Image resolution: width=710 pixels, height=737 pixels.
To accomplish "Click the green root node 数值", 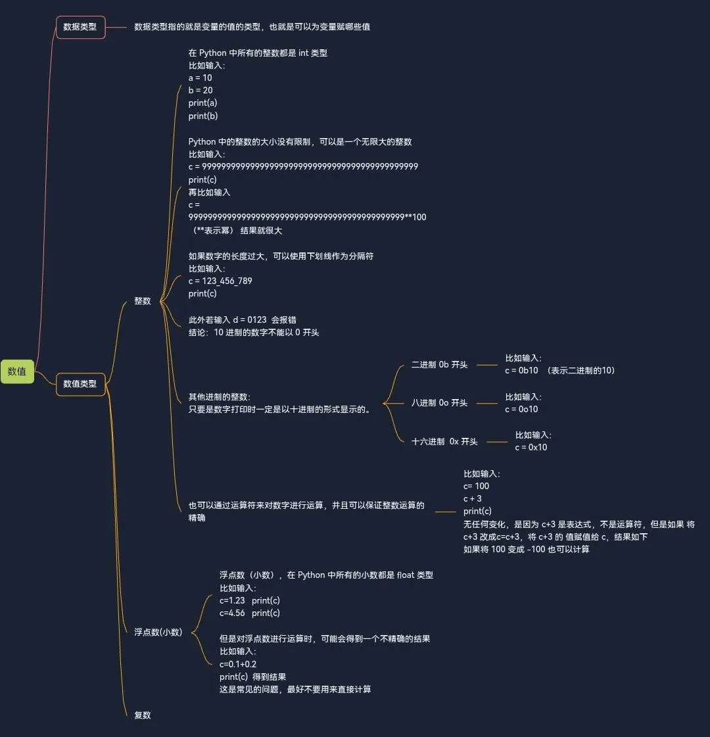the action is point(17,371).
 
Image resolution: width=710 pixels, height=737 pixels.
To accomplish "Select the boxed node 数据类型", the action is point(80,27).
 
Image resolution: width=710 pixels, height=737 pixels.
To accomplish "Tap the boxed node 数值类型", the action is point(80,383).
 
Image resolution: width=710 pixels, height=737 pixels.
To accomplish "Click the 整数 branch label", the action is point(143,300).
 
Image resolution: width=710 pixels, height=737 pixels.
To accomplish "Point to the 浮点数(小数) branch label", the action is point(158,632).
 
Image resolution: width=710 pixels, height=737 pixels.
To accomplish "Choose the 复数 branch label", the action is point(143,715).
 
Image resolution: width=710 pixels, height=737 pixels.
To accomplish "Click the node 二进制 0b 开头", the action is point(439,364).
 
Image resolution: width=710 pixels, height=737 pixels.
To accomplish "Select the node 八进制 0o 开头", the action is point(439,402).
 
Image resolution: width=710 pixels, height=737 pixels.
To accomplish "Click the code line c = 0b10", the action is point(521,370).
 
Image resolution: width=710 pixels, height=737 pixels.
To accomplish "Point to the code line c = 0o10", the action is point(521,409).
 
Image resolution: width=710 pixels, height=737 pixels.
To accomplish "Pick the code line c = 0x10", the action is point(531,447).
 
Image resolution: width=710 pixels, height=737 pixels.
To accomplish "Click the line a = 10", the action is point(201,78).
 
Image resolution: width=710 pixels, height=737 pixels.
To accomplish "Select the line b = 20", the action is point(201,90).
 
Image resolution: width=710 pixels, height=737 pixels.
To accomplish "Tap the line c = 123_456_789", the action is point(220,281).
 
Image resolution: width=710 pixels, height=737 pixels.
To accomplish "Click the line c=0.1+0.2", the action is point(238,664).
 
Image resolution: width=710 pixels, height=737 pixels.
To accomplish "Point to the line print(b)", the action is point(203,116).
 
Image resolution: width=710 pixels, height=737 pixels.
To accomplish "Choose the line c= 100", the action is point(477,486).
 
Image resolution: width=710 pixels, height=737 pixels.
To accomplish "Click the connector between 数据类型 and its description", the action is point(116,27).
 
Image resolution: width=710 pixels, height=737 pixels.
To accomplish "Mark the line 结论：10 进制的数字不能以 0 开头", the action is point(254,332).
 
